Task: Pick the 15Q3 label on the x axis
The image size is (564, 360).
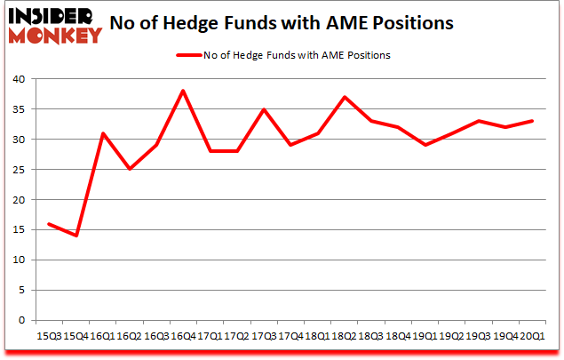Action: pyautogui.click(x=50, y=337)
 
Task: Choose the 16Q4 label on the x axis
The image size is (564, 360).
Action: pyautogui.click(x=183, y=337)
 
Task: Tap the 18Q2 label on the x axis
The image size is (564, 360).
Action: pyautogui.click(x=345, y=337)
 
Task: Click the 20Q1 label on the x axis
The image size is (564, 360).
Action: pyautogui.click(x=532, y=337)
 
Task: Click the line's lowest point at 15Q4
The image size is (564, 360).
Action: pyautogui.click(x=76, y=236)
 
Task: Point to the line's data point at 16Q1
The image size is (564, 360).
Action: pyautogui.click(x=103, y=133)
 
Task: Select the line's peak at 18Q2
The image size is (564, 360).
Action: pyautogui.click(x=345, y=97)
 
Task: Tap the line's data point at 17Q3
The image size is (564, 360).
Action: pyautogui.click(x=264, y=109)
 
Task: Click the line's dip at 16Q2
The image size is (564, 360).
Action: pyautogui.click(x=130, y=169)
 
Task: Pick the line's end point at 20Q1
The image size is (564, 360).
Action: pyautogui.click(x=532, y=121)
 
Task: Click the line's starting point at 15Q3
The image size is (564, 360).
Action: pyautogui.click(x=50, y=224)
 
